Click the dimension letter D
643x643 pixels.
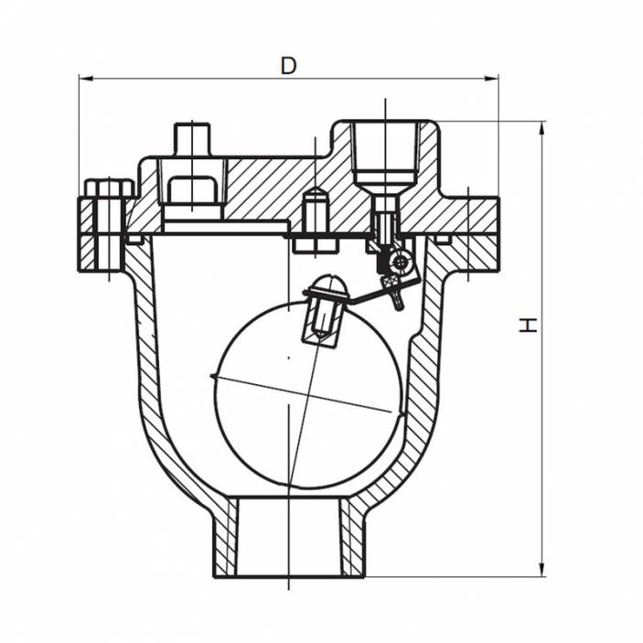coord(289,66)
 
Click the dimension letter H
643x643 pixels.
coord(528,325)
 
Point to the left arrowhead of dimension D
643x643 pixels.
coord(85,79)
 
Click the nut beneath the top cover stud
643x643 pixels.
coord(191,190)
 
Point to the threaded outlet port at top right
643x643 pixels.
coord(385,151)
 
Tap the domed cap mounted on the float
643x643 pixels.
coord(327,288)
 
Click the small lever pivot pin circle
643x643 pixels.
coord(398,263)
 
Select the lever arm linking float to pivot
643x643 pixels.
coord(366,291)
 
